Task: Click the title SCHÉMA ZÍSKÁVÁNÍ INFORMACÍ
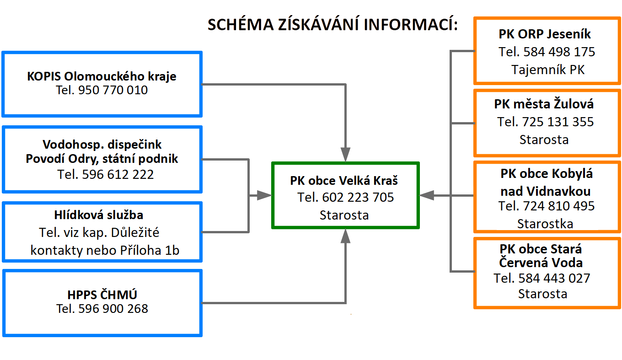pos(332,25)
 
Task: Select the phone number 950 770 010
pos(113,90)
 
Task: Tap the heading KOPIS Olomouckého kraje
pos(102,76)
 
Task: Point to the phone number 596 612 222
pos(118,174)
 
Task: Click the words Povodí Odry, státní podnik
pos(102,159)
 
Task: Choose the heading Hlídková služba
pos(99,215)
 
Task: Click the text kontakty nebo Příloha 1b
pos(105,250)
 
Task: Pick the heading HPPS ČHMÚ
pos(102,295)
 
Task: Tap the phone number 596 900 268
pos(113,309)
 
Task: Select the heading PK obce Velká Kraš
pos(344,181)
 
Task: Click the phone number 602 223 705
pos(358,198)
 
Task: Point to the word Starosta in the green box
pos(344,215)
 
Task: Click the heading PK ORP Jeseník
pos(545,34)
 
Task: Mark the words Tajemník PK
pos(548,70)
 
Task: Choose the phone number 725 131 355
pos(558,122)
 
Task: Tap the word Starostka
pos(545,224)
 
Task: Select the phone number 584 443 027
pos(554,278)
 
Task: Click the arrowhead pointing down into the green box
pos(345,154)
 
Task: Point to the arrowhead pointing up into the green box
pos(345,236)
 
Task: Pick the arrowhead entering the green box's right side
pos(427,196)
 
